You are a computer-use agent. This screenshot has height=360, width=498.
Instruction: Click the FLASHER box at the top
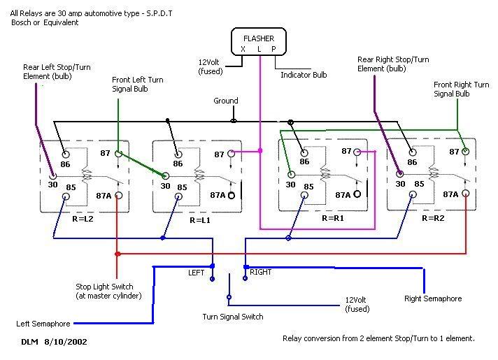click(258, 43)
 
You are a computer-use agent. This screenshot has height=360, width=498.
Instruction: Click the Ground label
click(226, 101)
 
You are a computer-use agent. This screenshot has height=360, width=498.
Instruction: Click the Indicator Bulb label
click(305, 73)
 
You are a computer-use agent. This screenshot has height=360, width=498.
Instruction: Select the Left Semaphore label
click(43, 324)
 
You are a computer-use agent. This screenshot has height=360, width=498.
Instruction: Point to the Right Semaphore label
click(433, 298)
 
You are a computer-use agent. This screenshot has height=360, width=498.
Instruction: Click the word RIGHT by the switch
click(261, 271)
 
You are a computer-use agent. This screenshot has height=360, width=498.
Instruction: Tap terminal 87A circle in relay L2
click(119, 196)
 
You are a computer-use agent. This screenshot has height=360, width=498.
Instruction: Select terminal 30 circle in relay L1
click(166, 175)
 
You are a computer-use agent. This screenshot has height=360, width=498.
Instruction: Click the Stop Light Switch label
click(110, 291)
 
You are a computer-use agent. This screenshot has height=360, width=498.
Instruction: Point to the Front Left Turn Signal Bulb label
click(137, 85)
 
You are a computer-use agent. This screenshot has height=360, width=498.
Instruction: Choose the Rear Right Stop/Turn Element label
click(392, 64)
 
